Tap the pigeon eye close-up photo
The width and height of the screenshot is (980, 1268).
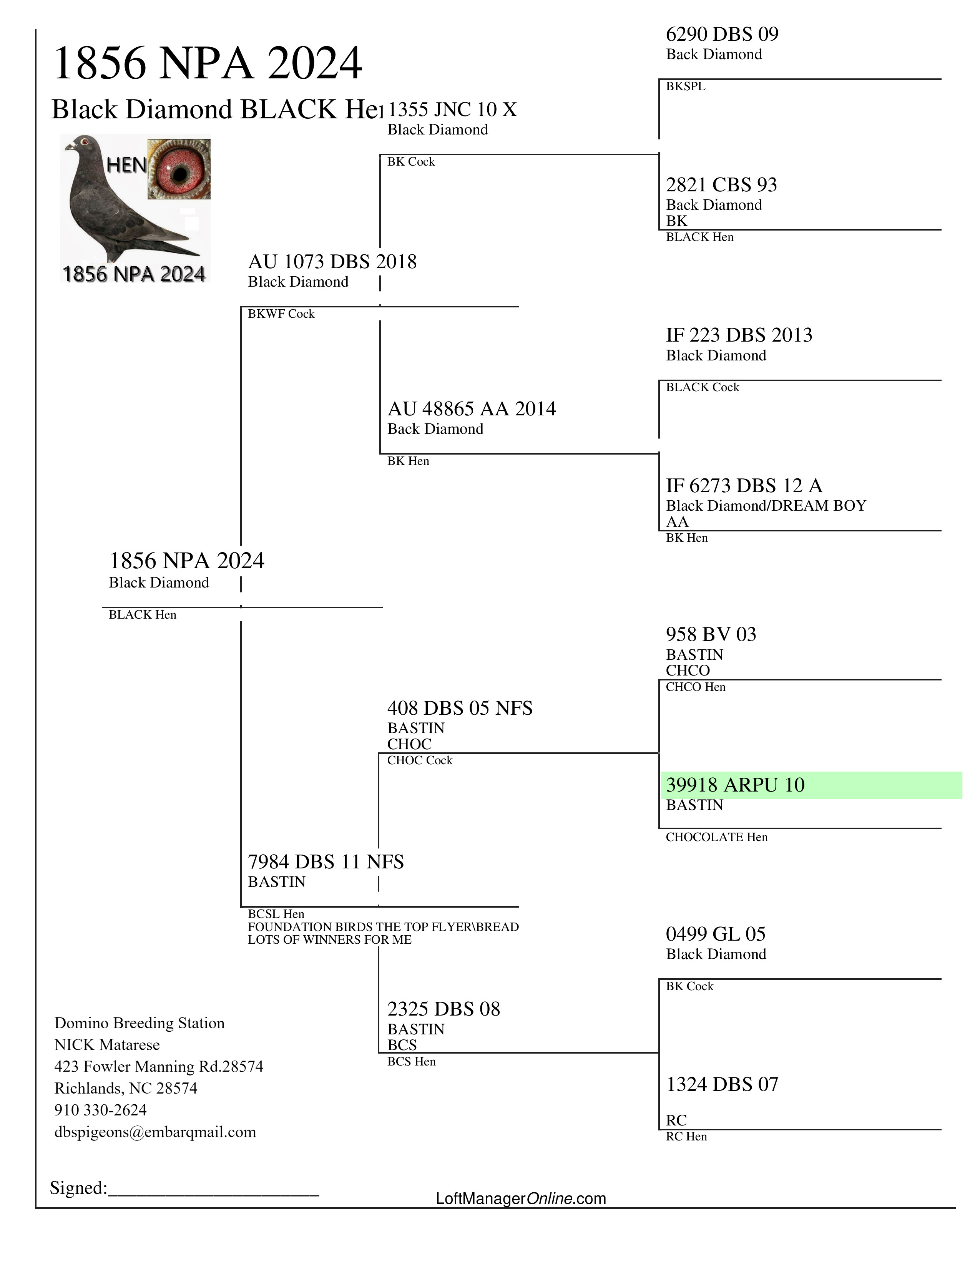click(x=179, y=169)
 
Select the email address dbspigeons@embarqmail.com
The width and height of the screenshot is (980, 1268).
click(x=155, y=1132)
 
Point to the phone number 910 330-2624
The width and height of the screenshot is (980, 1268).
click(x=100, y=1110)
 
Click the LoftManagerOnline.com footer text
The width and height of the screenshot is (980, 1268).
click(x=521, y=1198)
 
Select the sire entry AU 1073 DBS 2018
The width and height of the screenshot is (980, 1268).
click(x=332, y=262)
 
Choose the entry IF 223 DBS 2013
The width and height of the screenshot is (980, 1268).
click(x=739, y=335)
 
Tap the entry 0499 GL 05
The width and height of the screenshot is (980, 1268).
click(x=716, y=934)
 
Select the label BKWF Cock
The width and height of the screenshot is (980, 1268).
click(x=281, y=314)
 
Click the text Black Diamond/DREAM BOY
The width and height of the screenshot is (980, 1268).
click(x=766, y=506)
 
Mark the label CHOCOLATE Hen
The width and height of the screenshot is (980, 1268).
click(x=716, y=837)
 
